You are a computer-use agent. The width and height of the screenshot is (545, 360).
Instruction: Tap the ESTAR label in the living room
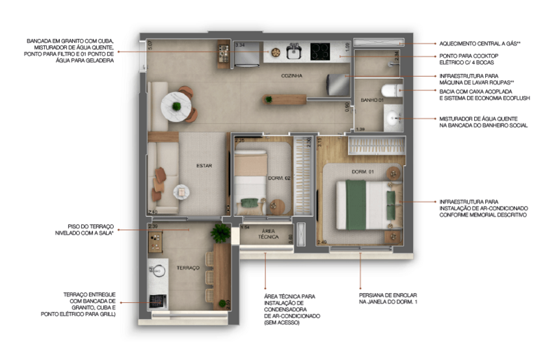(x=204, y=166)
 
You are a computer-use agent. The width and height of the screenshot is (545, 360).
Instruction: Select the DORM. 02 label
(x=278, y=178)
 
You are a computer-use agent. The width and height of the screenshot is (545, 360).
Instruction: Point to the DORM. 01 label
(x=361, y=172)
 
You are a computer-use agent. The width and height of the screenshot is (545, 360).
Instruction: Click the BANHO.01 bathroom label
(x=371, y=100)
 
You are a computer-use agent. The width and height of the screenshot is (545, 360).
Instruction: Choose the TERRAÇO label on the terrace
(x=187, y=268)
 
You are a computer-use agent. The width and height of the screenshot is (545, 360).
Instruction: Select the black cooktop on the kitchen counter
(x=320, y=50)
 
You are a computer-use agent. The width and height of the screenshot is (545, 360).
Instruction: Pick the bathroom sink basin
(x=393, y=119)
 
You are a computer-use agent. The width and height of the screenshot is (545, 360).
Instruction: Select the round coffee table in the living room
(x=181, y=190)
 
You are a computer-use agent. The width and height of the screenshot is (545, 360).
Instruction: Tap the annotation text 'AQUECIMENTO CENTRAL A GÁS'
(x=478, y=42)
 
